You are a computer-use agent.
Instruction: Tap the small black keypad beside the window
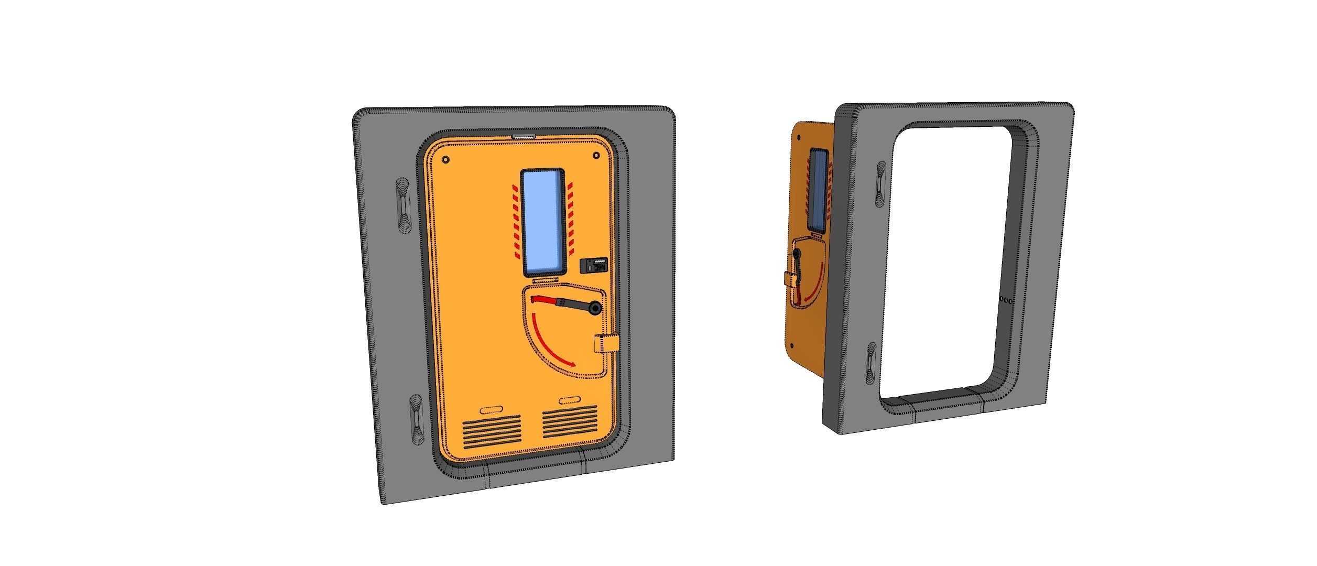[595, 265]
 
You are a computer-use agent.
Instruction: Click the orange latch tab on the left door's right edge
[606, 344]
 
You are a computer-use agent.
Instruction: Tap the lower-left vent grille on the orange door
[492, 431]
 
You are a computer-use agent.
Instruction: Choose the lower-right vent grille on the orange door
[570, 422]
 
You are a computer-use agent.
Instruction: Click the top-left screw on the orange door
[446, 160]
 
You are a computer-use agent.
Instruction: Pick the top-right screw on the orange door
[596, 156]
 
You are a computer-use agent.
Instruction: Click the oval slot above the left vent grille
[491, 409]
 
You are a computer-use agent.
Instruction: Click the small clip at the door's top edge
[523, 136]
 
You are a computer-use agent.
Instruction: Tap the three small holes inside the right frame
[1006, 301]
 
